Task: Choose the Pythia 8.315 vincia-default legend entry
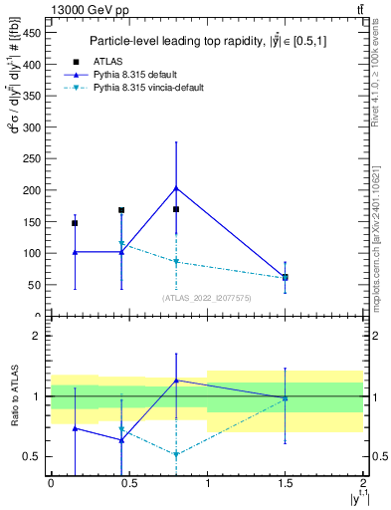[x=161, y=88]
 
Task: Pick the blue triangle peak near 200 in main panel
[x=176, y=187]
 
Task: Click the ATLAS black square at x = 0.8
[x=176, y=209]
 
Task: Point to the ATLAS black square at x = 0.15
[x=75, y=223]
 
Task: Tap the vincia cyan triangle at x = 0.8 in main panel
[x=176, y=262]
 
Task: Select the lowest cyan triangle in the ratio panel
[x=176, y=454]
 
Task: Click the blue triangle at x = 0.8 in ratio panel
[x=176, y=380]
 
